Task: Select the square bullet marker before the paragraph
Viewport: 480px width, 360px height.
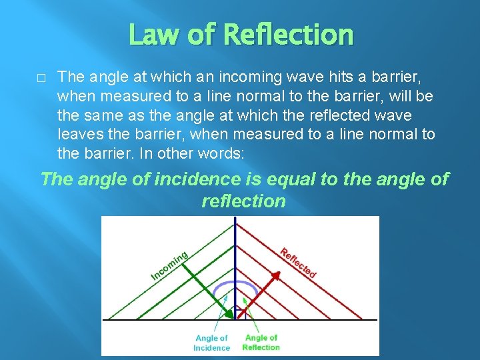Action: click(x=41, y=78)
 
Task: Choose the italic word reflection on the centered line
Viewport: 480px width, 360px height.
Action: click(x=243, y=201)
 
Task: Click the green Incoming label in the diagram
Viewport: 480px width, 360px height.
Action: click(x=169, y=265)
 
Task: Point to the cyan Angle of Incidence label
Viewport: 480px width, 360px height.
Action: click(x=211, y=343)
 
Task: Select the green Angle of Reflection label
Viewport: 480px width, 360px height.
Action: click(x=261, y=343)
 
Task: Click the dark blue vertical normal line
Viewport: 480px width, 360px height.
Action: click(x=235, y=253)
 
